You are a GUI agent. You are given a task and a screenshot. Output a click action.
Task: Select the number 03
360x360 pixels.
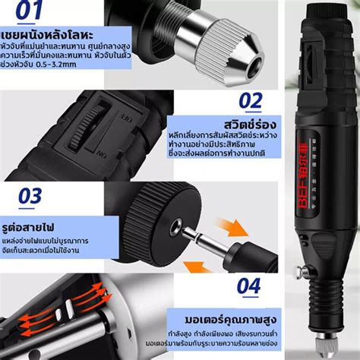tap(30, 196)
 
